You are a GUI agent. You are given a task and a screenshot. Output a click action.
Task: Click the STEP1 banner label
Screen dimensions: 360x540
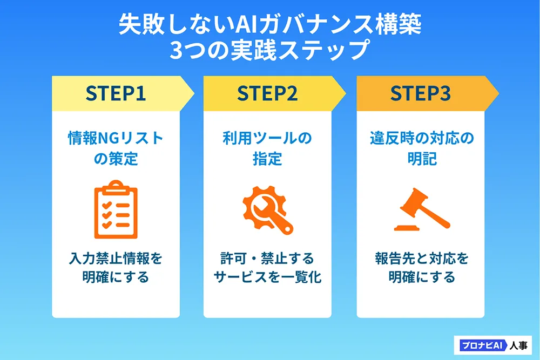tap(116, 93)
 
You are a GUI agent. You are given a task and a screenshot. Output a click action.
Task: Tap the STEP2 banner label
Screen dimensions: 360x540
tap(267, 93)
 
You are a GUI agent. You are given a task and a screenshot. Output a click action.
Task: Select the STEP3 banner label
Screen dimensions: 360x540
tap(421, 93)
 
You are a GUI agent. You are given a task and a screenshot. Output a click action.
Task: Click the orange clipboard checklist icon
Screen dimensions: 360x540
tap(116, 212)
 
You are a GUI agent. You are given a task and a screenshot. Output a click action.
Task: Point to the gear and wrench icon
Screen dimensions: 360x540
tap(267, 212)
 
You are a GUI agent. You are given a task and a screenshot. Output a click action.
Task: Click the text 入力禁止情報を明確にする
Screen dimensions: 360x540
tap(116, 268)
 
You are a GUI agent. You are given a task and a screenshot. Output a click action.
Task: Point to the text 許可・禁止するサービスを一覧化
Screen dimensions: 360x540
tap(267, 268)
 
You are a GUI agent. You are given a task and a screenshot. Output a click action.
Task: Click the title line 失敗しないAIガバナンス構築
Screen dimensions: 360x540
tap(269, 26)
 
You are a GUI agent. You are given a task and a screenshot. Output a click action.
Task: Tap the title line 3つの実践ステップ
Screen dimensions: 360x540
tap(269, 51)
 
